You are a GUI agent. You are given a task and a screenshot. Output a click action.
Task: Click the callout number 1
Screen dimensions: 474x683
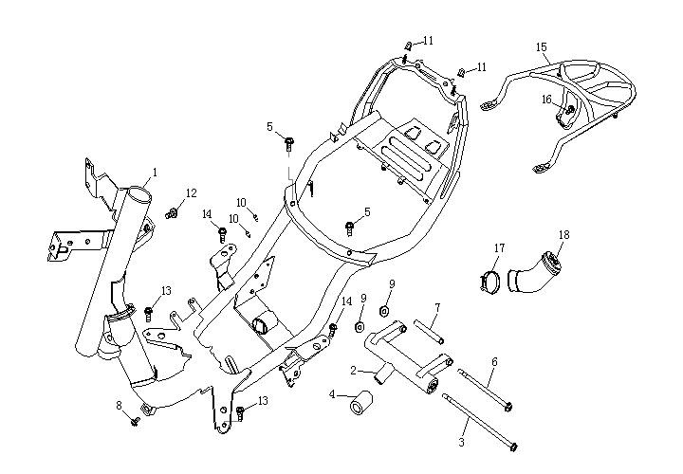click(155, 173)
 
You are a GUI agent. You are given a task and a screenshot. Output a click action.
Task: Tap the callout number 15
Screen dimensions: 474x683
click(541, 46)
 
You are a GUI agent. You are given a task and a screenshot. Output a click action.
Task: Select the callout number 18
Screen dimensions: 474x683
click(563, 234)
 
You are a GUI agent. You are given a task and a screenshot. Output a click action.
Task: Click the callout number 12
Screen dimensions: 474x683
click(191, 193)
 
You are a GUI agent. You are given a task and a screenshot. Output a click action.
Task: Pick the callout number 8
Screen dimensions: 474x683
click(120, 406)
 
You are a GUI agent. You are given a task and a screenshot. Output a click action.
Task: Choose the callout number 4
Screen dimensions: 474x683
click(332, 393)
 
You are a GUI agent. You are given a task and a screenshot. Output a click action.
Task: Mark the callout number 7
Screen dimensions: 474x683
click(436, 307)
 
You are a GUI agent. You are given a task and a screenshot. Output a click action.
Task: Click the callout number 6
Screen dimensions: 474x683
click(493, 361)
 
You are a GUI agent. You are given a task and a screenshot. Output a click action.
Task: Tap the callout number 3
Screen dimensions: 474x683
click(463, 442)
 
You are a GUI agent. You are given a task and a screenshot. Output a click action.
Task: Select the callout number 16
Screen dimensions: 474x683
click(546, 99)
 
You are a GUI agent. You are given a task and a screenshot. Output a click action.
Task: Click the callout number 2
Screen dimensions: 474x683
click(352, 370)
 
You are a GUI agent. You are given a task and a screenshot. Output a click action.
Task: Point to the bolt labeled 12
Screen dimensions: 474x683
click(172, 213)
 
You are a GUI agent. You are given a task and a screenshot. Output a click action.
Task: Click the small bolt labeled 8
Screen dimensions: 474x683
click(136, 418)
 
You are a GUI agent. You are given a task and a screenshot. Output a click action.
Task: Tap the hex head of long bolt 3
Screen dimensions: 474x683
click(513, 445)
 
